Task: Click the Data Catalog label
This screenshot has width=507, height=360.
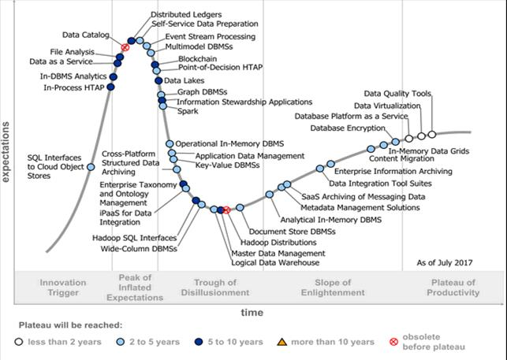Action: pyautogui.click(x=85, y=35)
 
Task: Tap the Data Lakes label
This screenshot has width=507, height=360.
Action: pyautogui.click(x=182, y=80)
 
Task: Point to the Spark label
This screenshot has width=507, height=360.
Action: pyautogui.click(x=187, y=111)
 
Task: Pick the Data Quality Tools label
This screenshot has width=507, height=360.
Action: pyautogui.click(x=404, y=95)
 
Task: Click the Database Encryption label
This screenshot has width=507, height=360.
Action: pyautogui.click(x=347, y=127)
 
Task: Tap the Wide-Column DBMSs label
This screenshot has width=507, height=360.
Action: pyautogui.click(x=139, y=249)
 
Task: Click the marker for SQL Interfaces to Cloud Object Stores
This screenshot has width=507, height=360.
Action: pyautogui.click(x=91, y=166)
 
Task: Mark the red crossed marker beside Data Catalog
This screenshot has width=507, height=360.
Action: pyautogui.click(x=125, y=48)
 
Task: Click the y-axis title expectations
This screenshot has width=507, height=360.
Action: pyautogui.click(x=6, y=152)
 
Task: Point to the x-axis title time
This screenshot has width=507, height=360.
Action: pyautogui.click(x=252, y=313)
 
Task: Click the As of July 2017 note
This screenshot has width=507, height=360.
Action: pyautogui.click(x=445, y=262)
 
